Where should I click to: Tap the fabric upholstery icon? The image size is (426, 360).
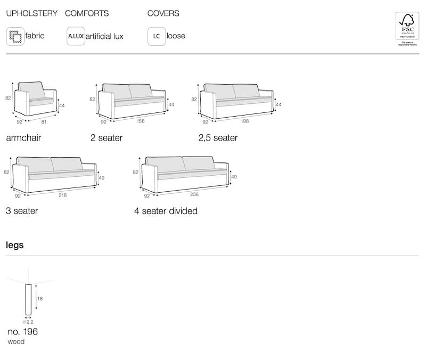pos(15,37)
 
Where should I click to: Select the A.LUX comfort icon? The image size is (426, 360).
pos(75,37)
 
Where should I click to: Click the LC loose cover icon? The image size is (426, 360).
pos(156,37)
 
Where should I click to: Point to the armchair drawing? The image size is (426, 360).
pos(35,99)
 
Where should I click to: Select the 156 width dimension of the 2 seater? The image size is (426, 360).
pos(141,121)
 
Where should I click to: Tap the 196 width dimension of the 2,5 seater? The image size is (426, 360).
pos(244,121)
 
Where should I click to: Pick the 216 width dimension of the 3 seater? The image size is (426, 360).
pos(62,195)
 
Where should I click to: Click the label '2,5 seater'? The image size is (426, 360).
pos(218,138)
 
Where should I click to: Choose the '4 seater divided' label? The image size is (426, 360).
pos(166,211)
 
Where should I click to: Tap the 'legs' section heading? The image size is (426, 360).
pos(14,246)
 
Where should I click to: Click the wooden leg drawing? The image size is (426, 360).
pos(27,300)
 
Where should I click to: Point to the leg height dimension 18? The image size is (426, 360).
pos(39,299)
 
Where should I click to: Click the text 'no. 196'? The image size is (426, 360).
pos(22,332)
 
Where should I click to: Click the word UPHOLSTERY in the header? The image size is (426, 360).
pos(31,13)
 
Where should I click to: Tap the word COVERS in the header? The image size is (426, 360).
pos(163,13)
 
